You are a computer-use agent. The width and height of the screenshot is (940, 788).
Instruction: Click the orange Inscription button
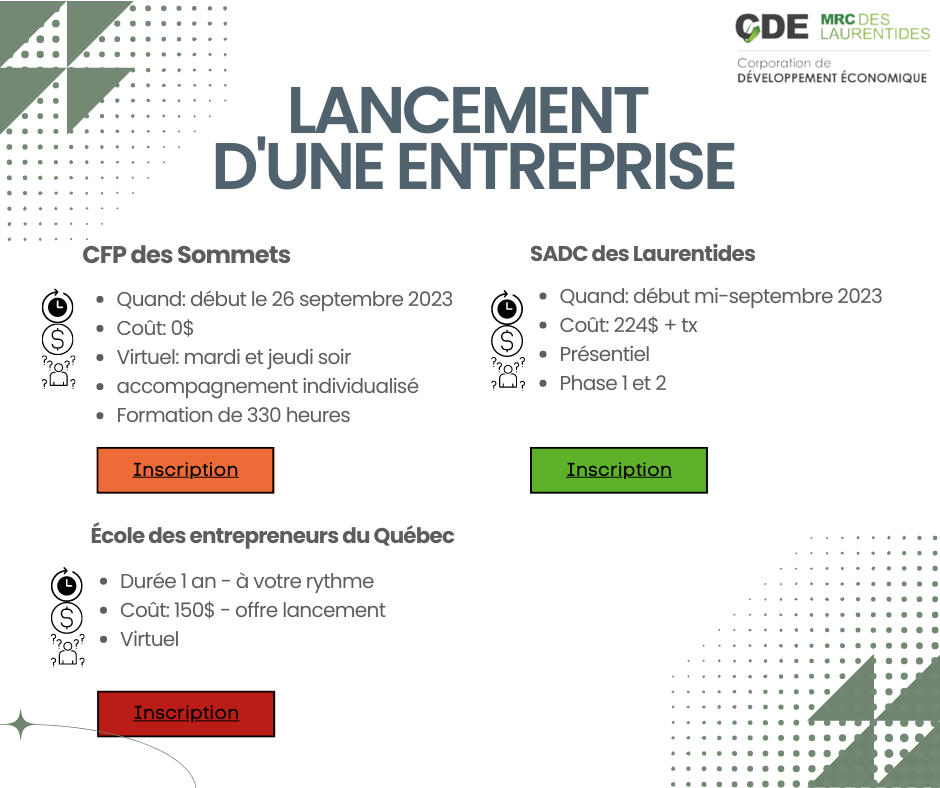pos(185,470)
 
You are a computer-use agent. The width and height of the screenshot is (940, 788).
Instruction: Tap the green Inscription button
pos(619,470)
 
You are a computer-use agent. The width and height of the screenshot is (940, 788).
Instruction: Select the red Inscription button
pos(186,714)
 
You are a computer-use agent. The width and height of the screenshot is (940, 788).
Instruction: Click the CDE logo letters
pos(772,28)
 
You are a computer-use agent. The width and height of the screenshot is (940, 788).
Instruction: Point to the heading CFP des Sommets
pos(186,255)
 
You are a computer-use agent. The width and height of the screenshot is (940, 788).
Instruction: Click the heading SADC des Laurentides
pos(643,254)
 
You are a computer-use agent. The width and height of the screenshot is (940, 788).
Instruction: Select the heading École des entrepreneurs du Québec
pos(272,536)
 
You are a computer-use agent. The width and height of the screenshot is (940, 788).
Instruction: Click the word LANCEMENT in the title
pos(468,110)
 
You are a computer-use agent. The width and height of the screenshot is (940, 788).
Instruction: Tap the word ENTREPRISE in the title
pos(567,165)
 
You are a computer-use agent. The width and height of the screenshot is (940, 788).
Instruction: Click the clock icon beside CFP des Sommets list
pos(58,306)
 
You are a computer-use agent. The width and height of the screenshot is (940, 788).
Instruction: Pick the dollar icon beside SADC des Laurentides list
pos(507,341)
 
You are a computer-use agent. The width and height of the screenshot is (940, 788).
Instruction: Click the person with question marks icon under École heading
pos(67,651)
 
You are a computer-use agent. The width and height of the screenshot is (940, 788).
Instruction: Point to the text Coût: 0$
pos(155,328)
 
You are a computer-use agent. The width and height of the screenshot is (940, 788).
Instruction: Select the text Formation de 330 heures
pos(233,415)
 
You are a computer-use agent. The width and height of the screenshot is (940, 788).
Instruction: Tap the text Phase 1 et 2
pos(613,383)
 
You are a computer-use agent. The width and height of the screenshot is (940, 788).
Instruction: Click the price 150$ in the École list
pos(194,610)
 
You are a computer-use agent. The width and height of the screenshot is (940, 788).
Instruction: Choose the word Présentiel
pos(604,354)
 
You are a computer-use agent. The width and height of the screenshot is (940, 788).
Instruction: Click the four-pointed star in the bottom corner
pos(20,724)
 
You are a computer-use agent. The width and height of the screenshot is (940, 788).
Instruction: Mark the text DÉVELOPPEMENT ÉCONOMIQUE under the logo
pos(832,78)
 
